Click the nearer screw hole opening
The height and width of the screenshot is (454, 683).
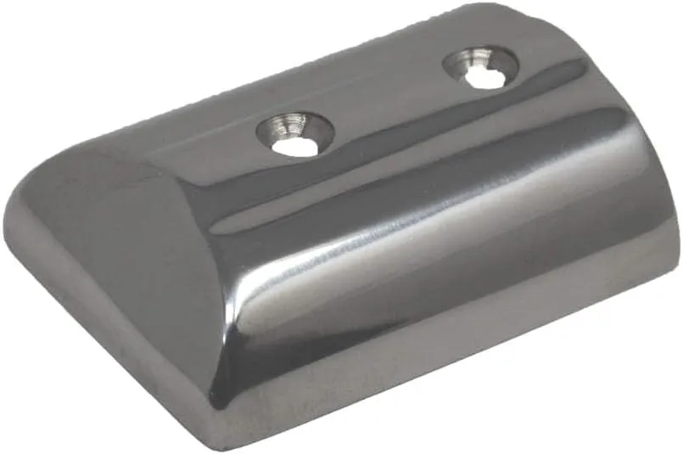coord(291,146)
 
